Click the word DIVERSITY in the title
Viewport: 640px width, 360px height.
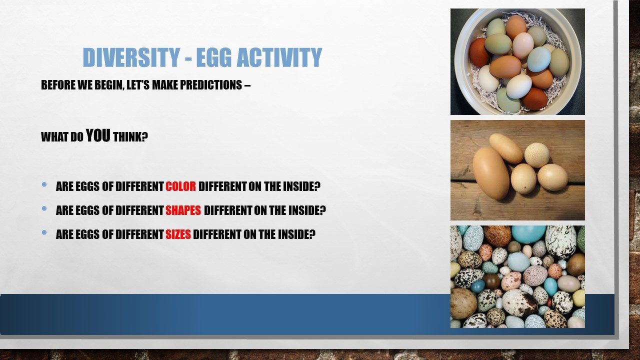pyautogui.click(x=131, y=57)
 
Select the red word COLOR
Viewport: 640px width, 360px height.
pyautogui.click(x=181, y=186)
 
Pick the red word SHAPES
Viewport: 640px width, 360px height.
pyautogui.click(x=183, y=210)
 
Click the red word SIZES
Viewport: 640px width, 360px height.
pyautogui.click(x=178, y=234)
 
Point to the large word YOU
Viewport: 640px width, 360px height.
pyautogui.click(x=98, y=135)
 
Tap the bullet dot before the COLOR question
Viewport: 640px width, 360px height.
pyautogui.click(x=44, y=184)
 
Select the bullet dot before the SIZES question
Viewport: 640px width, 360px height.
pyautogui.click(x=44, y=232)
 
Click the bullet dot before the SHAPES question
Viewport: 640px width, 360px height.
pyautogui.click(x=44, y=208)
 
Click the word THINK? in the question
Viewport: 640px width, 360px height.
pyautogui.click(x=130, y=137)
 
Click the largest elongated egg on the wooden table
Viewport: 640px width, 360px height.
pyautogui.click(x=491, y=173)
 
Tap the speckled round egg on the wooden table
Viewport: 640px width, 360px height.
pyautogui.click(x=537, y=155)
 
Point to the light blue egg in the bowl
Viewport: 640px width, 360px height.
pyautogui.click(x=539, y=59)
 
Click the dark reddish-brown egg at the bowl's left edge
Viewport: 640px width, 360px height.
pyautogui.click(x=479, y=52)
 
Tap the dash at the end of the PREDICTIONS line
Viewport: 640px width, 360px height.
pyautogui.click(x=247, y=85)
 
